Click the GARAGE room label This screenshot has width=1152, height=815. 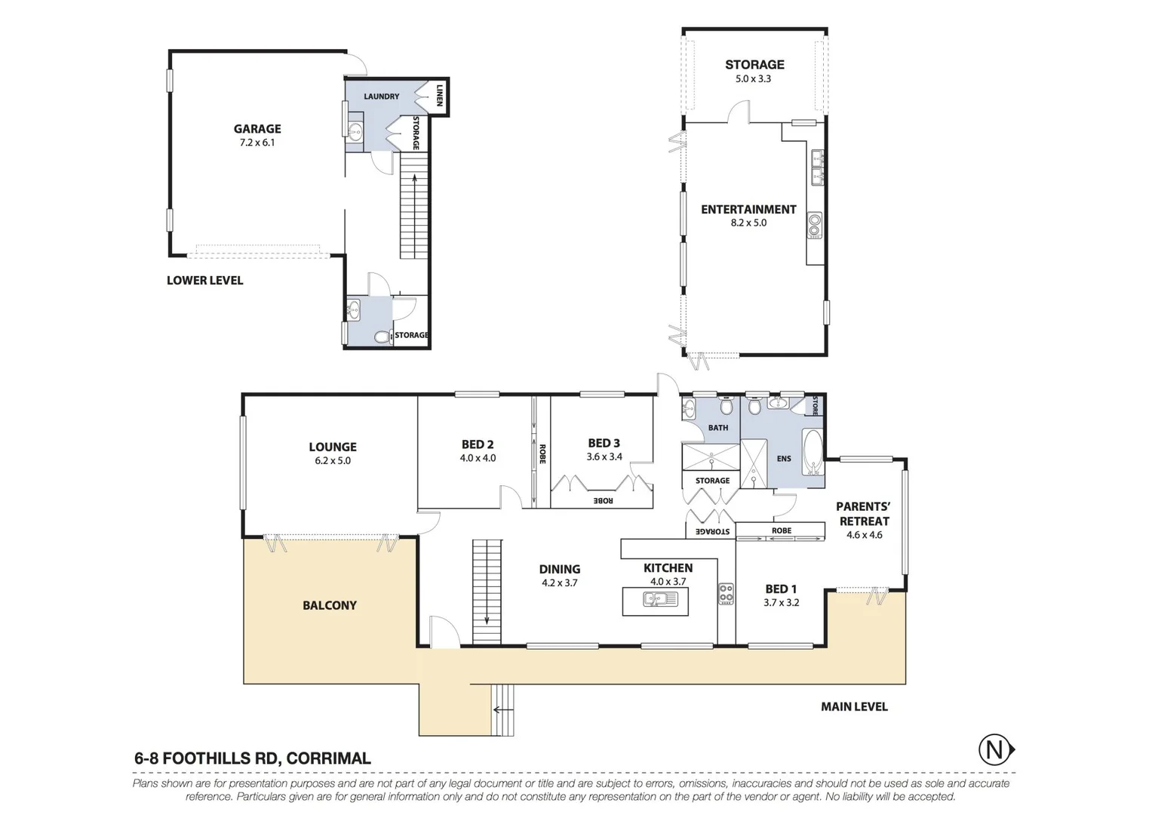coord(257,129)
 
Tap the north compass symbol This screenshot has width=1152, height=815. coord(994,750)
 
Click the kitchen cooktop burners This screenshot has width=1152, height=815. coord(726,593)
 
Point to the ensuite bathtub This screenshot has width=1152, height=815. coord(813,452)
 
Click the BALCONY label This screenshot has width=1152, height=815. coord(330,605)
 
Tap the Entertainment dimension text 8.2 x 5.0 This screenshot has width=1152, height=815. coord(748,223)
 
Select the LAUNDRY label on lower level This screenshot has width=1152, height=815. coord(381,97)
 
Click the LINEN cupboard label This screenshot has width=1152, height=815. coord(439,95)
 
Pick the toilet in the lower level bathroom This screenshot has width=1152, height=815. coord(382,337)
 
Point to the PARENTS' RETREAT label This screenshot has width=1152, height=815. coord(864,514)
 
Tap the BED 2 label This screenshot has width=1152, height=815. coord(478,444)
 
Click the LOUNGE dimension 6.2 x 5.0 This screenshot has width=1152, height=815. coord(333,460)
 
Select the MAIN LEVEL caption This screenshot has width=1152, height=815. coord(854,707)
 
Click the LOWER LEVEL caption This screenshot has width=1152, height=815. coord(204,281)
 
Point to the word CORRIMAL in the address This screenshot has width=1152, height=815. coord(329,758)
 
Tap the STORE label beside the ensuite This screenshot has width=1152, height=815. coord(816,406)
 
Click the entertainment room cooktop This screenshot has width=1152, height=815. coord(815,225)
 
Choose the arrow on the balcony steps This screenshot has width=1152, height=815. coord(499,710)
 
